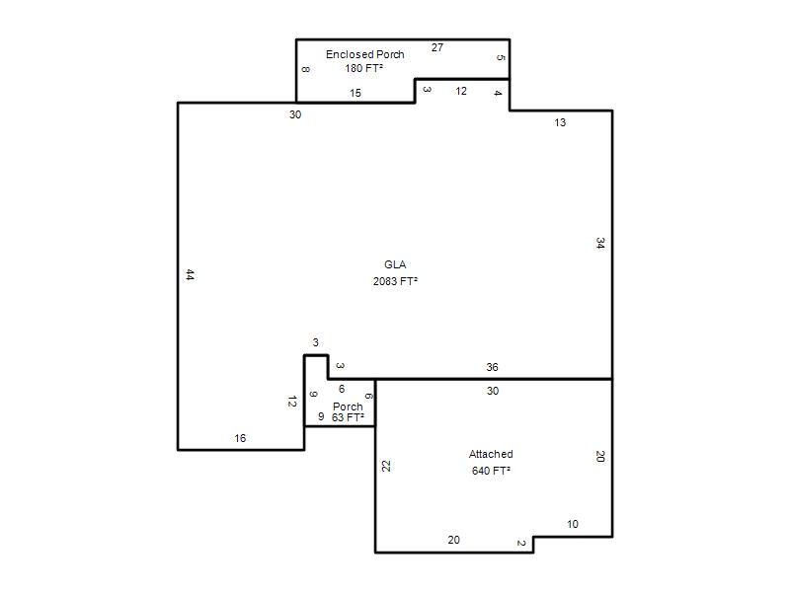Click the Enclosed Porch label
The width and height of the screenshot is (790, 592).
pyautogui.click(x=364, y=54)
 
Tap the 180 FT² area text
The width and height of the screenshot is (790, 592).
pyautogui.click(x=363, y=68)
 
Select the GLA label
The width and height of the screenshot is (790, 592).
pyautogui.click(x=395, y=264)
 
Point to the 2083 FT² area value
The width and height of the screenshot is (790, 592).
pyautogui.click(x=395, y=281)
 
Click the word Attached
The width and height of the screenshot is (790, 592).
pyautogui.click(x=491, y=454)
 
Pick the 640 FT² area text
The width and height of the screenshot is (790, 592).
pyautogui.click(x=491, y=471)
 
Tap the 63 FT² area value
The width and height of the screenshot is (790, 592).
pyautogui.click(x=348, y=417)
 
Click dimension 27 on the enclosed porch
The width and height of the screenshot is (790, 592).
pyautogui.click(x=437, y=47)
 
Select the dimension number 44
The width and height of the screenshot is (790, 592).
pyautogui.click(x=190, y=275)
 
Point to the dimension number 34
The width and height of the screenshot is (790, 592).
pyautogui.click(x=600, y=243)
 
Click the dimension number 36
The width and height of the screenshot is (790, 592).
pyautogui.click(x=492, y=367)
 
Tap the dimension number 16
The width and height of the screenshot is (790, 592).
pyautogui.click(x=240, y=438)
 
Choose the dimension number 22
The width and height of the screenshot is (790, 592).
pyautogui.click(x=386, y=466)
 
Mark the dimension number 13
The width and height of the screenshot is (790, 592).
pyautogui.click(x=560, y=122)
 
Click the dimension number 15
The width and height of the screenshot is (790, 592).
pyautogui.click(x=355, y=93)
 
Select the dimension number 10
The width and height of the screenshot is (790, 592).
pyautogui.click(x=573, y=525)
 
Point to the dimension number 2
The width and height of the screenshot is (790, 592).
pyautogui.click(x=521, y=544)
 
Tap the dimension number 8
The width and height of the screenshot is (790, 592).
pyautogui.click(x=306, y=69)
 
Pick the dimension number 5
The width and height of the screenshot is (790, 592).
pyautogui.click(x=501, y=58)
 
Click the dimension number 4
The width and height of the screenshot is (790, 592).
pyautogui.click(x=498, y=93)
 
